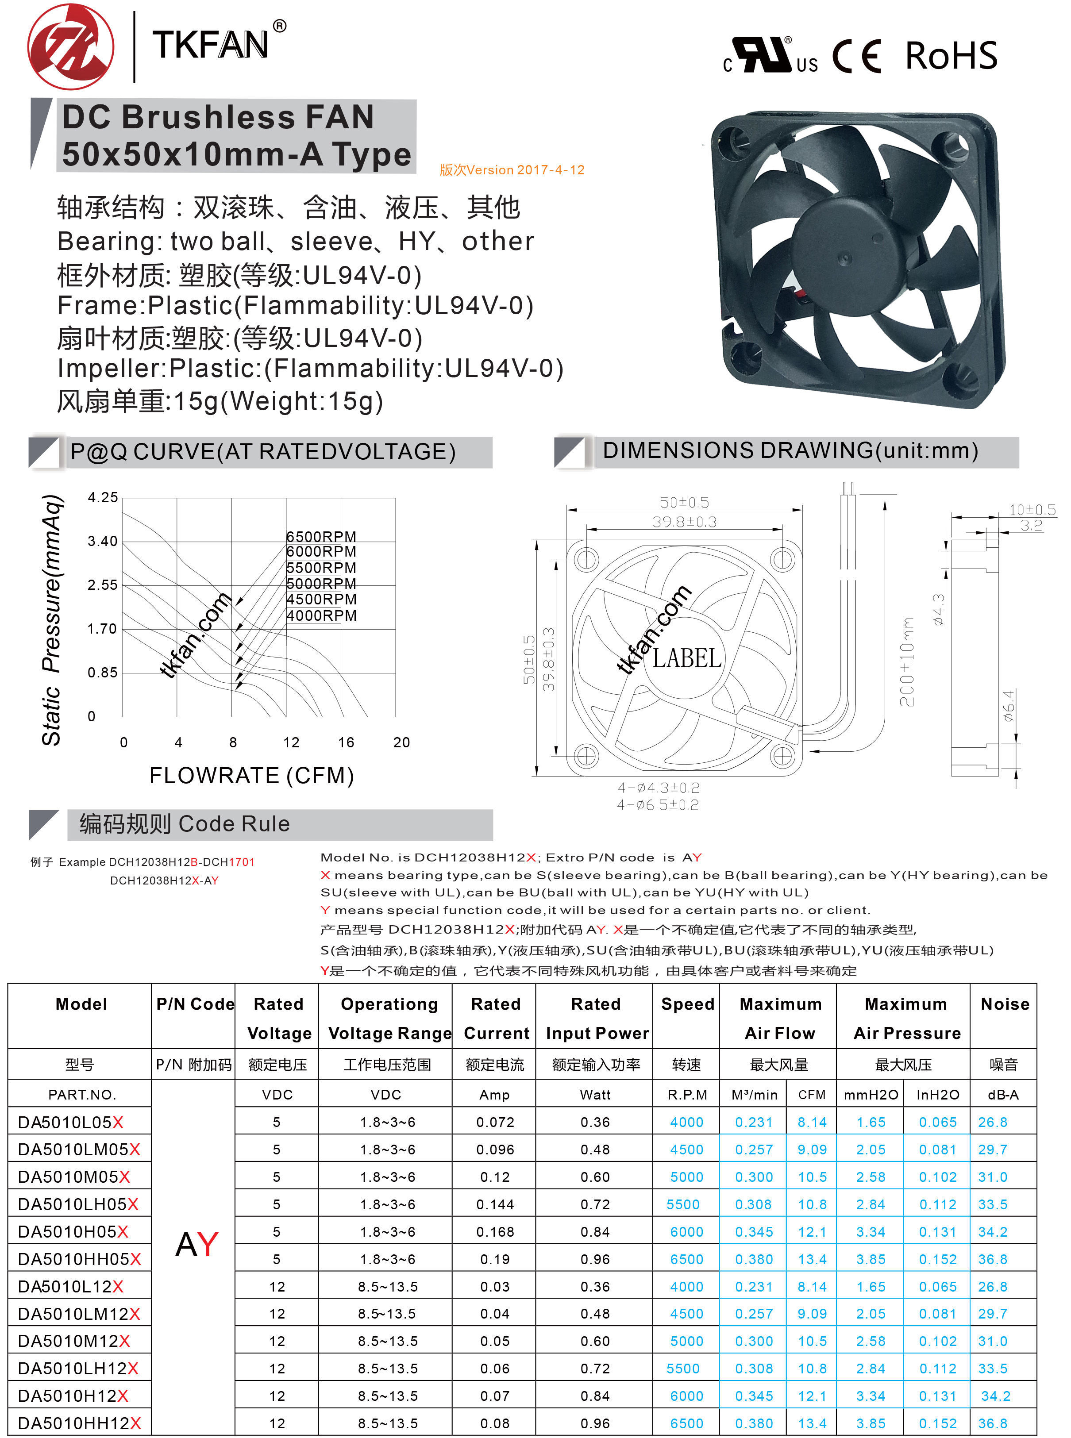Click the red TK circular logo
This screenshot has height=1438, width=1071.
(71, 46)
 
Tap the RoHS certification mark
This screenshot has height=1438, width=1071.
(951, 56)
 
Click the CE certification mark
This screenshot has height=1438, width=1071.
(857, 56)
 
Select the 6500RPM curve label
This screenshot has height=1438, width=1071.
(321, 537)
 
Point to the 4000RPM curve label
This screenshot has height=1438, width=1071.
(321, 615)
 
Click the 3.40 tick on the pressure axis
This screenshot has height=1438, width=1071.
(102, 541)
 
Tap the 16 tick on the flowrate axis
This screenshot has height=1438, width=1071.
(346, 742)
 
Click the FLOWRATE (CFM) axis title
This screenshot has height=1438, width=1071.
(251, 776)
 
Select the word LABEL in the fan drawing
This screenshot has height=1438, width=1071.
(686, 658)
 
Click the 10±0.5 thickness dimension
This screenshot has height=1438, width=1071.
(1032, 510)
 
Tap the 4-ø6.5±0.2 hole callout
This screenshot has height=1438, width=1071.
(657, 805)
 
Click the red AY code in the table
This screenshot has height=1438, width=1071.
(197, 1244)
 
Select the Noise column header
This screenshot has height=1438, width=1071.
(1004, 1004)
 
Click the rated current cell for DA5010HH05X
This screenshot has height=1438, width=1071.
(495, 1259)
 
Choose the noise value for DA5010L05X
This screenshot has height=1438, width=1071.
(993, 1122)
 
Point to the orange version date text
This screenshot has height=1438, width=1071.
(512, 170)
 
